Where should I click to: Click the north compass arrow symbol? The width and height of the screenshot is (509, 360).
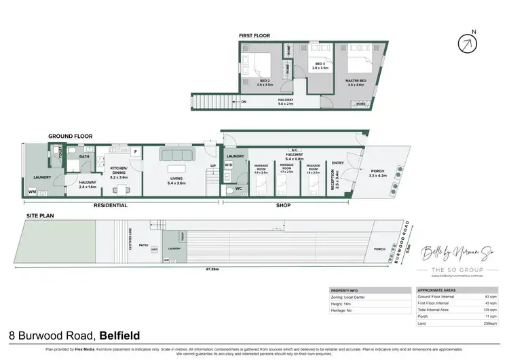(x=466, y=43)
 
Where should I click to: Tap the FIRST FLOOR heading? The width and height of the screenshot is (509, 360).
(x=254, y=35)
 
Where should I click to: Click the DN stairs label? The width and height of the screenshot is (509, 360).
(x=242, y=102)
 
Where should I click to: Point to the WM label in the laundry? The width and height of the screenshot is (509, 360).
(x=32, y=192)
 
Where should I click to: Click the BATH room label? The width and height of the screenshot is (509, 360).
(x=84, y=157)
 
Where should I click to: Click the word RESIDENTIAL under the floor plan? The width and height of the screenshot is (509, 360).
(x=110, y=204)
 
